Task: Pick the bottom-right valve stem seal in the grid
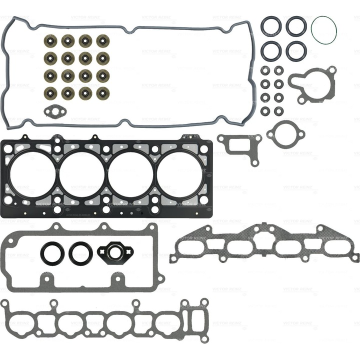pos(103,93)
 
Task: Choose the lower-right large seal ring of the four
pos(296,49)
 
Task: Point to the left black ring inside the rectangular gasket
pos(51,253)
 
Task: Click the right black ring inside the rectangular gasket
pos(80,253)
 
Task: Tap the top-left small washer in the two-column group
pos(265,70)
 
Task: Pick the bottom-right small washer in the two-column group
pos(278,110)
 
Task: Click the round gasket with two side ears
pos(285,133)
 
